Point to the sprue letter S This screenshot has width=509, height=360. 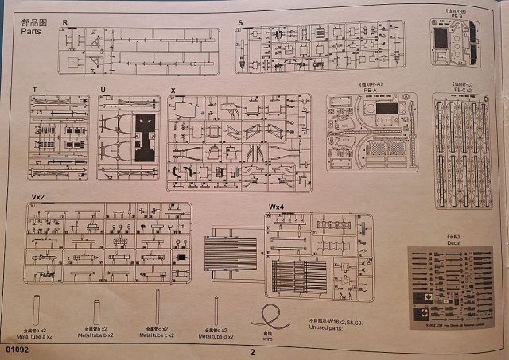tap(239, 23)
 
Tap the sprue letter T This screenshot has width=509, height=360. tap(34, 90)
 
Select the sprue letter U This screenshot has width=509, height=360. tap(103, 90)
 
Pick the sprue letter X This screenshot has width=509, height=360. tap(172, 90)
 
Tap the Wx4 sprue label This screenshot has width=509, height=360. tap(276, 207)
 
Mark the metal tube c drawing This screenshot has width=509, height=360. tap(157, 306)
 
